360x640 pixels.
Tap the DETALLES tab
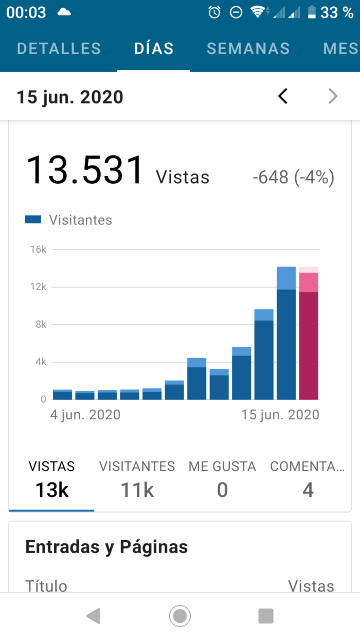(x=59, y=48)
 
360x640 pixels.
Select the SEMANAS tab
(x=248, y=48)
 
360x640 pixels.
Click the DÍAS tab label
(x=154, y=48)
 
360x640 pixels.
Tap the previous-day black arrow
(x=283, y=96)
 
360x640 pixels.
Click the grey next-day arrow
(x=333, y=96)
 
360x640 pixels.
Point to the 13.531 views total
(x=85, y=170)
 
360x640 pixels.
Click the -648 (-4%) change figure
(x=293, y=178)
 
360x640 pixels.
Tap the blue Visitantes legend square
(x=33, y=220)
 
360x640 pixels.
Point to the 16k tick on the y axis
(x=39, y=250)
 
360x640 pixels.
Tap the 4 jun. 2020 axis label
(x=85, y=415)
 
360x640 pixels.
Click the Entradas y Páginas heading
(x=106, y=547)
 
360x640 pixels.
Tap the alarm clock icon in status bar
(x=214, y=13)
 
